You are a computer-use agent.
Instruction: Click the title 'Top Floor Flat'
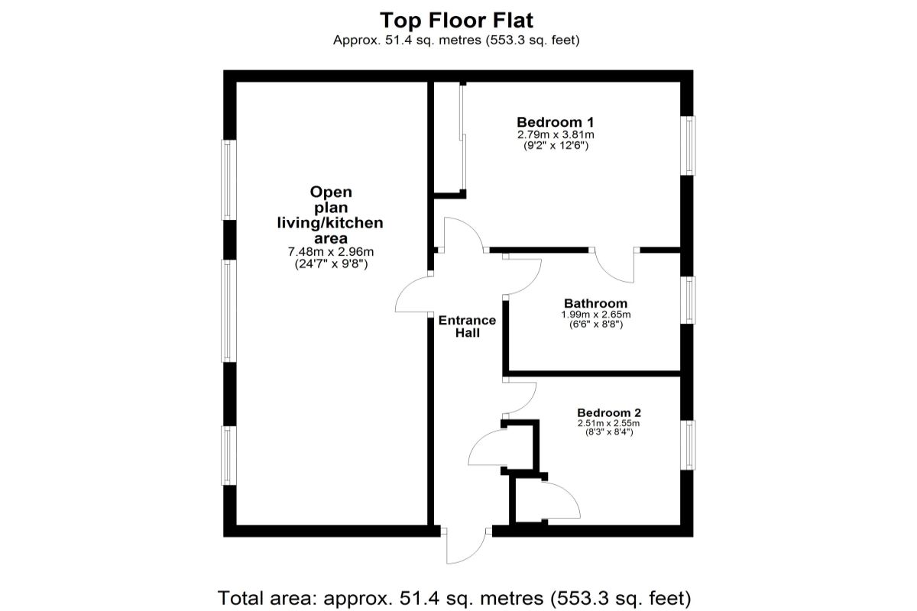[457, 21]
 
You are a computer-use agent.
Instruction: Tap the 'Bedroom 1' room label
[555, 122]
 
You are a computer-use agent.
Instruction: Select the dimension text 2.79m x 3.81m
[555, 134]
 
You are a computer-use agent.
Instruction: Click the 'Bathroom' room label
[595, 303]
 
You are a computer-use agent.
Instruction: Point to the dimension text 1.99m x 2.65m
[595, 314]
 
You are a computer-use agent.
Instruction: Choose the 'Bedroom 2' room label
[608, 412]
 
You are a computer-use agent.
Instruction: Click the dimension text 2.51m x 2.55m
[608, 423]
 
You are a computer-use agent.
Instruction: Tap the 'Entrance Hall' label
[467, 327]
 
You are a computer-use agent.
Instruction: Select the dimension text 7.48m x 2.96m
[330, 251]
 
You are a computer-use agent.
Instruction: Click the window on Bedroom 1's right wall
[689, 145]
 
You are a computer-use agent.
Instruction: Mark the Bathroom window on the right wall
[689, 299]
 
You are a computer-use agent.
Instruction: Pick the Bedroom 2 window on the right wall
[689, 445]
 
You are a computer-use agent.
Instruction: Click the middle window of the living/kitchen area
[227, 310]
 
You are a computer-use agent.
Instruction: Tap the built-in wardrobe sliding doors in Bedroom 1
[462, 137]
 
